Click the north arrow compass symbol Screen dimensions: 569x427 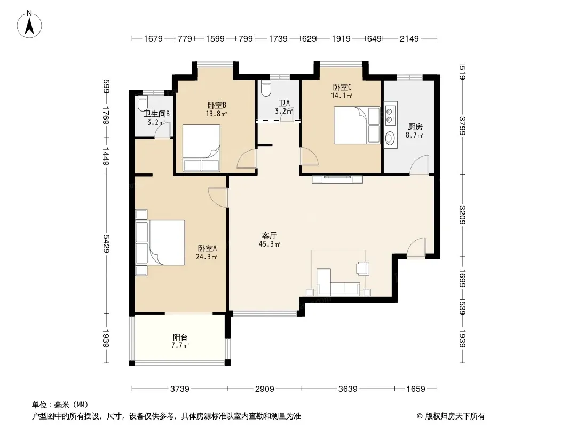[x=29, y=25]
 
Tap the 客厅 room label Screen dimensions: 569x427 [x=269, y=235]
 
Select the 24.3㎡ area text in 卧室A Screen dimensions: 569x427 [x=207, y=257]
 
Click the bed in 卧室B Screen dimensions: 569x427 [x=201, y=148]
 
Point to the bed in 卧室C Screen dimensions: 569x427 [x=357, y=125]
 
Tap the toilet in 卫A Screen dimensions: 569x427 [x=266, y=88]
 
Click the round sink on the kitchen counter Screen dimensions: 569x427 [x=390, y=138]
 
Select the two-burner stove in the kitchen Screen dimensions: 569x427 [x=390, y=115]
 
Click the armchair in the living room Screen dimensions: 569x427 [x=362, y=268]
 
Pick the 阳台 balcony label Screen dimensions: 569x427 [x=180, y=337]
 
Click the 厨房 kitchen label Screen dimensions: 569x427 [x=415, y=126]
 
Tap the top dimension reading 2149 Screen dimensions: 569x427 [x=409, y=39]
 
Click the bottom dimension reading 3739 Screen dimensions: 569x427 [x=180, y=389]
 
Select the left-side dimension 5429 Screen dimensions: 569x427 [x=106, y=243]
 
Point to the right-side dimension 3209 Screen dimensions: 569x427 [x=462, y=215]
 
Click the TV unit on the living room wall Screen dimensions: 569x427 [x=337, y=179]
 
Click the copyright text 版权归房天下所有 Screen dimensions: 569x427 [x=455, y=416]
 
